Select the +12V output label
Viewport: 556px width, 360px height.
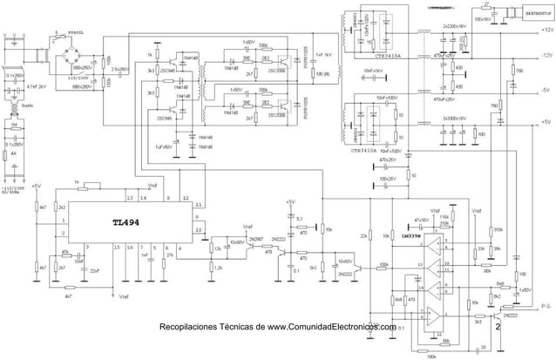click(x=546, y=30)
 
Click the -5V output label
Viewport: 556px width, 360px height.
click(x=545, y=90)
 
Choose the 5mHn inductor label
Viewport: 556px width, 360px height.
click(x=27, y=105)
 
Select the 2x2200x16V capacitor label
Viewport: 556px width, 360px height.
click(x=455, y=27)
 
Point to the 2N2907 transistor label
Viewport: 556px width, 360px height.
click(x=255, y=238)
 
